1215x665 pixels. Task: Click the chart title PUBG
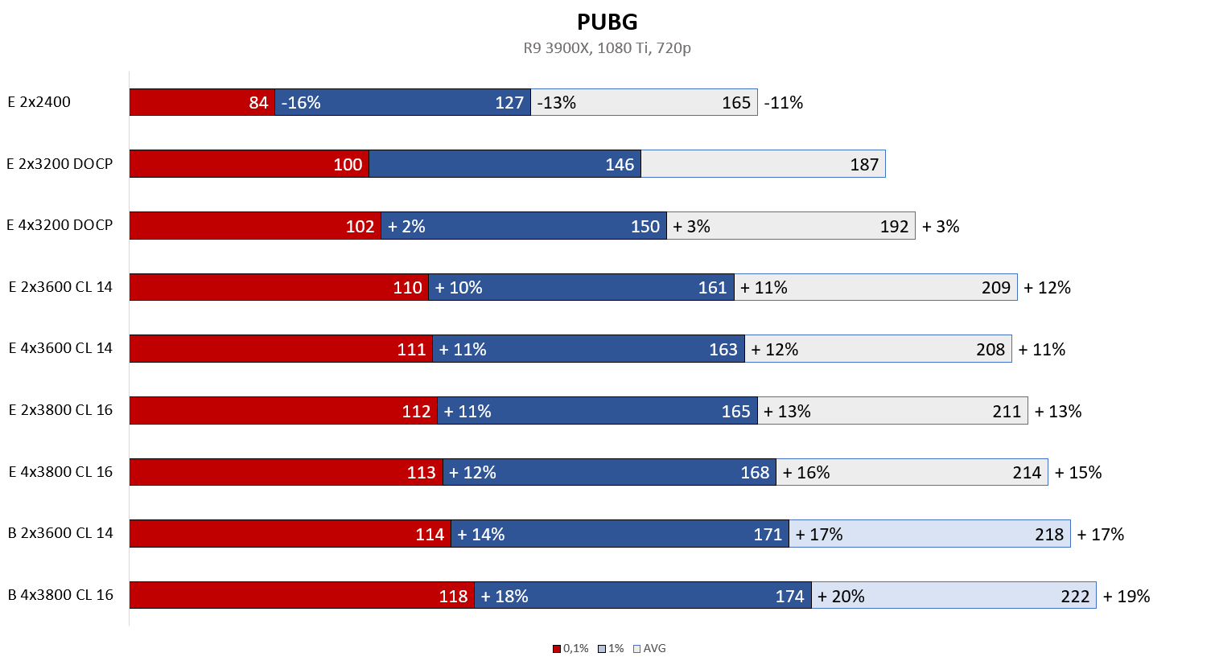(607, 22)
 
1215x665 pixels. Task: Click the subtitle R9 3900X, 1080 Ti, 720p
(607, 48)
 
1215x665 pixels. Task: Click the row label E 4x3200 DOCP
(60, 225)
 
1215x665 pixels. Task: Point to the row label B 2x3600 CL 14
(60, 533)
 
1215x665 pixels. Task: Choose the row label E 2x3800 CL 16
(60, 410)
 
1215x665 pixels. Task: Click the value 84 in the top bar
(258, 103)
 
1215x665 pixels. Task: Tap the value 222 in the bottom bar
(1075, 597)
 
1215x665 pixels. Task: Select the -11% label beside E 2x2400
(784, 103)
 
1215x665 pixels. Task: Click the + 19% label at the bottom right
(1126, 597)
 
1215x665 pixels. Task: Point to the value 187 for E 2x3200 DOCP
(864, 165)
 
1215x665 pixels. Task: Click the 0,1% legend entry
(571, 648)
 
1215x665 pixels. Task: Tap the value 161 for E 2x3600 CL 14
(712, 288)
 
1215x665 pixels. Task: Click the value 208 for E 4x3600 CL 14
(991, 350)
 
